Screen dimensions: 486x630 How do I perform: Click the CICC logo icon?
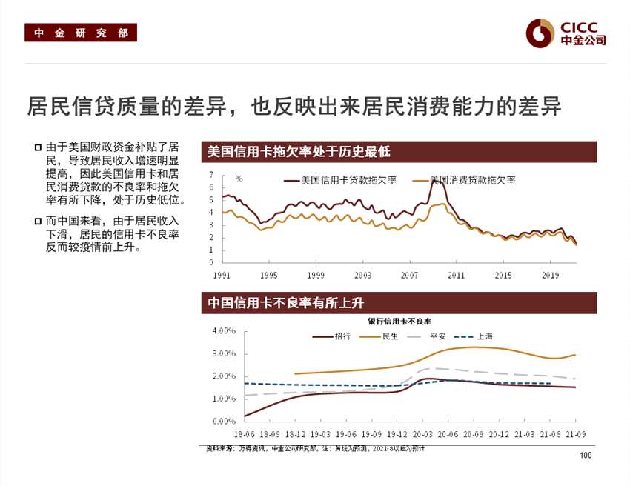(540, 32)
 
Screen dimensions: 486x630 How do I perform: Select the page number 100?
(586, 455)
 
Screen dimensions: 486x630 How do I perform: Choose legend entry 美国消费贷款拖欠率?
(472, 180)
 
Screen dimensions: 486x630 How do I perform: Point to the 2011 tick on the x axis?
(456, 275)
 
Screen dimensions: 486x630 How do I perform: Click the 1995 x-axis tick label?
(268, 275)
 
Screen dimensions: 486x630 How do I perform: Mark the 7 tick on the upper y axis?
(210, 175)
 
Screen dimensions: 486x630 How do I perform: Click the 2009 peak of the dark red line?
(437, 180)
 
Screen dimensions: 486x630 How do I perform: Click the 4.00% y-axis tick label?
(224, 330)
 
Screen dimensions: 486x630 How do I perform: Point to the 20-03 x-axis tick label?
(422, 434)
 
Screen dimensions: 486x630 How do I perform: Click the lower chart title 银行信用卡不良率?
(399, 321)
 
